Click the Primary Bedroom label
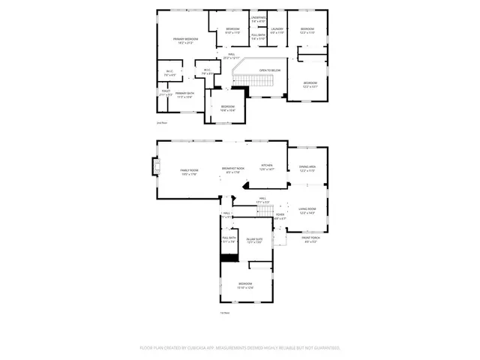(x=185, y=40)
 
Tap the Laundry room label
(x=277, y=31)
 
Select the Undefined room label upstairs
(x=258, y=19)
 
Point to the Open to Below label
(x=270, y=70)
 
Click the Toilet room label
(x=166, y=93)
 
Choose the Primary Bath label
(x=184, y=94)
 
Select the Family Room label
(x=189, y=172)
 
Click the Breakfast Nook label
(x=233, y=170)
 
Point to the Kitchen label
(x=267, y=167)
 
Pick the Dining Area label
(x=307, y=168)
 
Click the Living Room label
(x=307, y=211)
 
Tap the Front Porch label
(x=311, y=240)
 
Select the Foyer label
(x=279, y=217)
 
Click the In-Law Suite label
(x=254, y=240)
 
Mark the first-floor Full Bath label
(x=229, y=240)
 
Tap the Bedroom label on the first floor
(x=245, y=285)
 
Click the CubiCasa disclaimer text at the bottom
(x=240, y=348)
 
